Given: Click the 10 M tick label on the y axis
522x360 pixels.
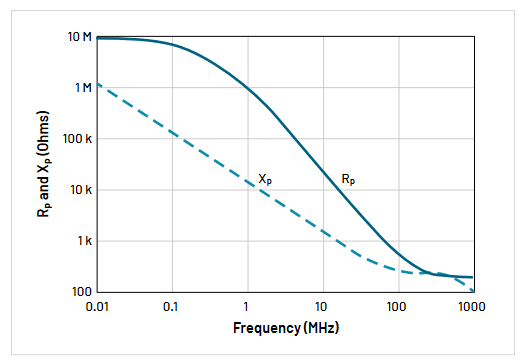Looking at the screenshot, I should (x=80, y=37).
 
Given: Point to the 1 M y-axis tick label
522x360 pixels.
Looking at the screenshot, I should (x=82, y=88).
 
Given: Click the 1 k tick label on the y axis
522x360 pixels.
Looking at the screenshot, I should (x=84, y=241).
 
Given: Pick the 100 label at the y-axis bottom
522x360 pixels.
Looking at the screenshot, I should (x=83, y=291).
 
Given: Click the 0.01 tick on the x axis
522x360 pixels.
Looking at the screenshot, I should (x=98, y=305).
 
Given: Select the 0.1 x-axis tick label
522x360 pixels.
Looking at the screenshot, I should (x=171, y=305).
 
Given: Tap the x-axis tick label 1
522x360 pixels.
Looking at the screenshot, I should (x=247, y=305).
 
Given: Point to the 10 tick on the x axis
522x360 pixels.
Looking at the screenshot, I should (x=322, y=305).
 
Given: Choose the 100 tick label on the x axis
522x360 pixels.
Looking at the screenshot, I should (x=397, y=305).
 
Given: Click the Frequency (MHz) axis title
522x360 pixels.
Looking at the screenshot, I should (x=285, y=327).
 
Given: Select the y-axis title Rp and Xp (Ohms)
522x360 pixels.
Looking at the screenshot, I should (x=48, y=165).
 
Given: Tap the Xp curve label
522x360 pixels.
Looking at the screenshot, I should (x=265, y=178).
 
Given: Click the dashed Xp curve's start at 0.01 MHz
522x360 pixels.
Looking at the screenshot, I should (x=97, y=84).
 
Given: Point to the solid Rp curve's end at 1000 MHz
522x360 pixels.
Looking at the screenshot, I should (x=472, y=277).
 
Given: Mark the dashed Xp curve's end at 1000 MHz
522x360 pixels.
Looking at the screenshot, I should (x=472, y=291).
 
